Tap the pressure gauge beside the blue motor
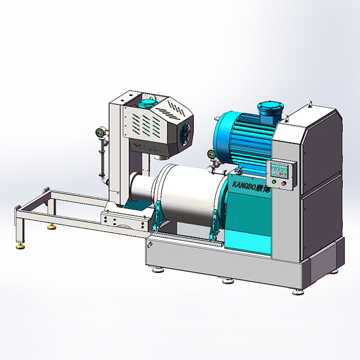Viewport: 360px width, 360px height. (212, 154)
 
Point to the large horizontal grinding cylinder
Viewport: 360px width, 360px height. (186, 195)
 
